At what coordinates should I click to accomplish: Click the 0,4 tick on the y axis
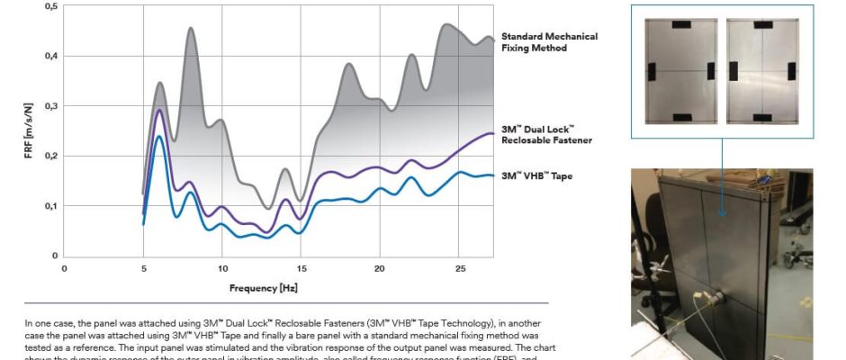point(52,56)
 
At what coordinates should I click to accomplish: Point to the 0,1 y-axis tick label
point(52,206)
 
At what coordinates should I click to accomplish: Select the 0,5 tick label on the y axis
point(52,6)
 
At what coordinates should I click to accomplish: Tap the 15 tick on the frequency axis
point(301,268)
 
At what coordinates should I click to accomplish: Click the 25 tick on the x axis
point(460,268)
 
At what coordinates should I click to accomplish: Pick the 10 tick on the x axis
point(222,268)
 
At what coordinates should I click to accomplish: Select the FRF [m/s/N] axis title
point(29,130)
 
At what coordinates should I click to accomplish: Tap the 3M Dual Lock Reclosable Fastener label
point(546,135)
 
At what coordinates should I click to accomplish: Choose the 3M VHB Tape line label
point(537,175)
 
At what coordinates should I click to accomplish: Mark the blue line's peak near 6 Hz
point(159,136)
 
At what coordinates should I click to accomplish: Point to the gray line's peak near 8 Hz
point(191,28)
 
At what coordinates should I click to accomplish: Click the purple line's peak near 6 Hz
point(159,110)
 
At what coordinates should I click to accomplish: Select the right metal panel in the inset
point(761,69)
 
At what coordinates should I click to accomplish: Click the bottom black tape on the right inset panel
point(761,117)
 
